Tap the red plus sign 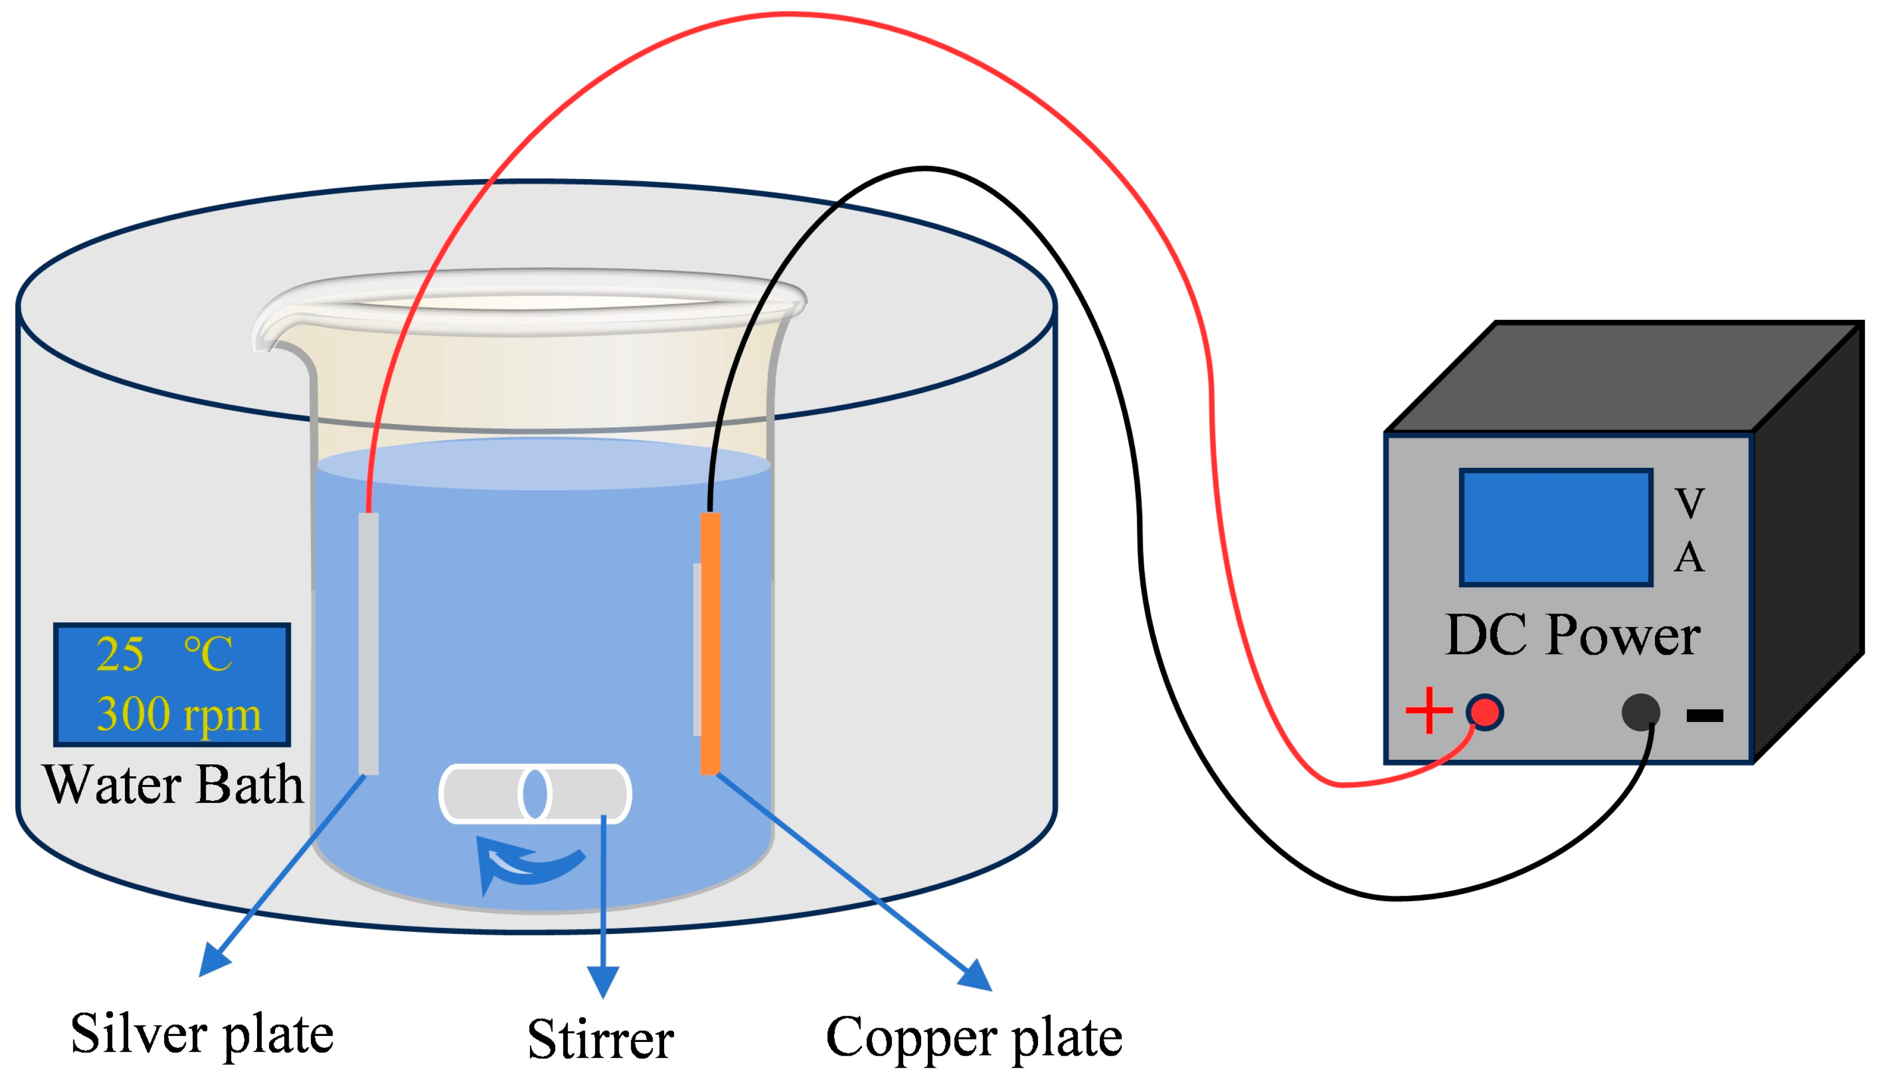point(1429,710)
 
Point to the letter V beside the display point(1689,503)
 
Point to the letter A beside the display point(1689,558)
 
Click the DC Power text point(1572,636)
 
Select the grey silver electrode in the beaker point(368,644)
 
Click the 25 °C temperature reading point(164,655)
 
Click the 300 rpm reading point(179,714)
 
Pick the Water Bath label point(173,785)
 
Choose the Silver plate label point(202,1034)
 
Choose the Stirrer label point(601,1040)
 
